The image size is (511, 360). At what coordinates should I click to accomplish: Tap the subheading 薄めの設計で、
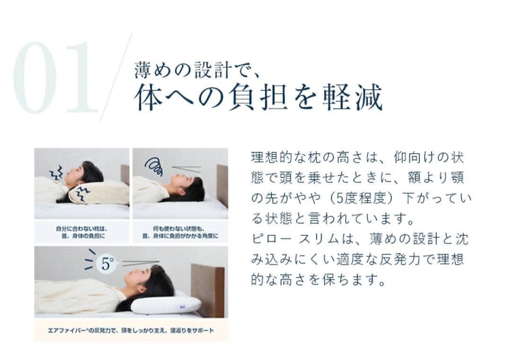coord(196,70)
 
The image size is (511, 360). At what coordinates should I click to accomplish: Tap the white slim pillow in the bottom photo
coord(165,305)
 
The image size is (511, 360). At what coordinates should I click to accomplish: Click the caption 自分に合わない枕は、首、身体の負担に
coord(81,232)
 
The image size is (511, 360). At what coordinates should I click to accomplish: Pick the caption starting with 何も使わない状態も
coord(180,232)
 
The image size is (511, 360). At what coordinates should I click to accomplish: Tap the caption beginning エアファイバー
coord(131,330)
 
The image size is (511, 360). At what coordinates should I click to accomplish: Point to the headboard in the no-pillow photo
coord(222,184)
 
